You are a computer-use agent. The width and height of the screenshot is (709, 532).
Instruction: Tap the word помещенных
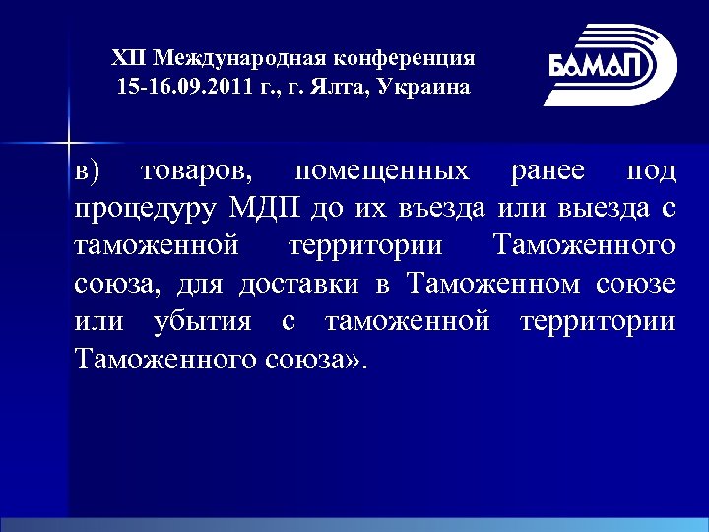[382, 172]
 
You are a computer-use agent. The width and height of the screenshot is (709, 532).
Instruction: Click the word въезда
[446, 209]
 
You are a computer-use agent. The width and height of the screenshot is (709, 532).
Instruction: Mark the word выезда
[602, 209]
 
